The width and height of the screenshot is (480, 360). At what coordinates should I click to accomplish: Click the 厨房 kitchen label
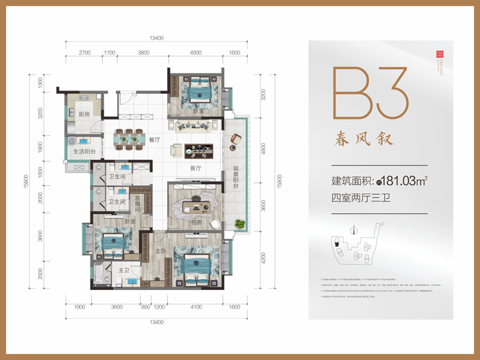83,115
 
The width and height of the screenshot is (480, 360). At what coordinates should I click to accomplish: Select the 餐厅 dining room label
154,139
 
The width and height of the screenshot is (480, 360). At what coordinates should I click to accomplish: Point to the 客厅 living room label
195,168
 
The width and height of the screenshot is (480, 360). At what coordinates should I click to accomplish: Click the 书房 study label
195,222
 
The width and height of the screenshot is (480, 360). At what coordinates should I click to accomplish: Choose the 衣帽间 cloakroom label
139,204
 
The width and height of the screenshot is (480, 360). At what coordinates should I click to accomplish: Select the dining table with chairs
130,137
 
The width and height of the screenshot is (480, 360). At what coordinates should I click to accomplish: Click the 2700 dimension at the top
85,52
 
